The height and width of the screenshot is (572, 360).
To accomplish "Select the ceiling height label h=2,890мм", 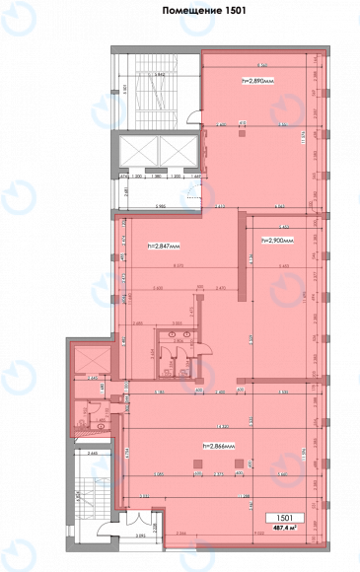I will pyautogui.click(x=257, y=80).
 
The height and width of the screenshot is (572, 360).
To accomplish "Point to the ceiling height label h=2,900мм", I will pyautogui.click(x=277, y=241).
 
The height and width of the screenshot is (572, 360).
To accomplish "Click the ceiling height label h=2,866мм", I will pyautogui.click(x=221, y=446).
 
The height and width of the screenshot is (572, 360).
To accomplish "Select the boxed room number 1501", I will pyautogui.click(x=283, y=517).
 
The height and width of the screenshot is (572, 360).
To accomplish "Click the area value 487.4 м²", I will pyautogui.click(x=283, y=529).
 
